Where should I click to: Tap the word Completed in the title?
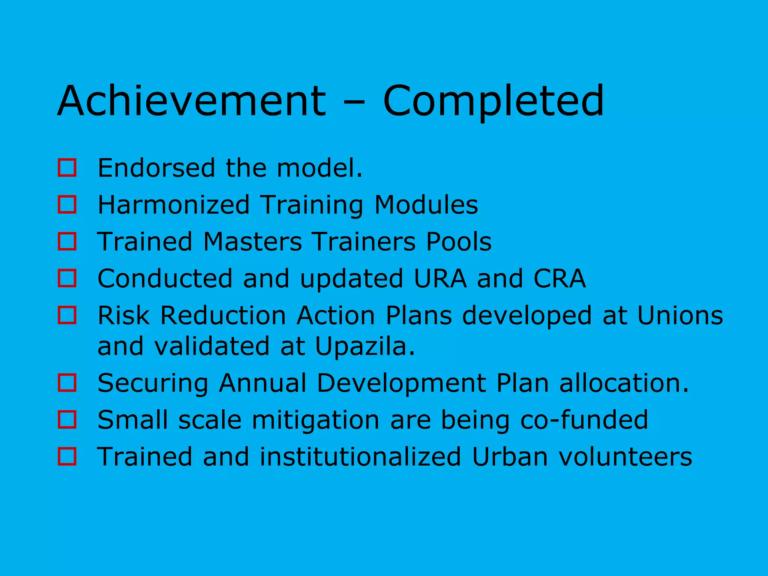[x=493, y=101]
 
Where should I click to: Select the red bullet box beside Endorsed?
[x=67, y=168]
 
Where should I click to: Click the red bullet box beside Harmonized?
[x=67, y=204]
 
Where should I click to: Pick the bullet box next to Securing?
[x=67, y=382]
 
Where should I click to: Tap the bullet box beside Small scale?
[x=67, y=419]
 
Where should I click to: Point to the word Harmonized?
[x=174, y=205]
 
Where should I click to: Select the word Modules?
[x=426, y=205]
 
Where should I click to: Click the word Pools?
[x=459, y=241]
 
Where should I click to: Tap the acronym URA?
[x=440, y=279]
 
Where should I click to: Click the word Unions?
[x=680, y=315]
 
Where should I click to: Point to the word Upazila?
[x=364, y=346]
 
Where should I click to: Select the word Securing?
[x=153, y=383]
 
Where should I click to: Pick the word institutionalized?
[x=360, y=457]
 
